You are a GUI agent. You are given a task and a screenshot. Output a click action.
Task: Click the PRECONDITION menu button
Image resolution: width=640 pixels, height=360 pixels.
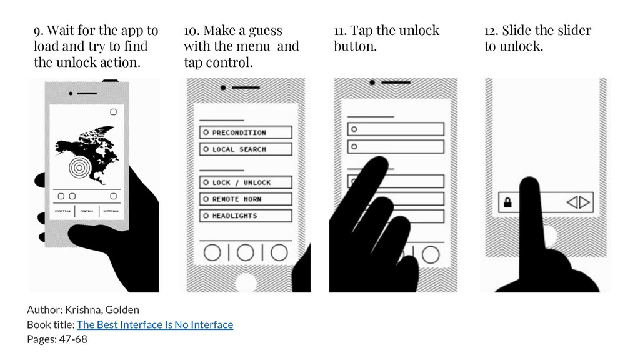click(x=246, y=132)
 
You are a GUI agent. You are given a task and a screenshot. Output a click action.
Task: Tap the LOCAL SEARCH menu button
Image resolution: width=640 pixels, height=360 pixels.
click(x=246, y=149)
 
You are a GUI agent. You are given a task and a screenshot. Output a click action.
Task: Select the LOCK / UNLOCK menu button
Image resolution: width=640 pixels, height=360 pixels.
click(x=246, y=182)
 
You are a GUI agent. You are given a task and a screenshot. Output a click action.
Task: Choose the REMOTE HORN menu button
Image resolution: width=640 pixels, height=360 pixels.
click(x=246, y=199)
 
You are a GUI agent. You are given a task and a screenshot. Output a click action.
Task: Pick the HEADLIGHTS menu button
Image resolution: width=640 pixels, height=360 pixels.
click(x=246, y=216)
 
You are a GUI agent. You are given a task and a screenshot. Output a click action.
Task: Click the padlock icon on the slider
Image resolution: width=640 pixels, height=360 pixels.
click(x=507, y=202)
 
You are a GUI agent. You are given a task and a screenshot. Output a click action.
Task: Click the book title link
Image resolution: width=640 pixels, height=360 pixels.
click(x=155, y=324)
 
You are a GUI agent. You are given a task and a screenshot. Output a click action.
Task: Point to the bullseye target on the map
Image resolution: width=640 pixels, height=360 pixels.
click(x=80, y=167)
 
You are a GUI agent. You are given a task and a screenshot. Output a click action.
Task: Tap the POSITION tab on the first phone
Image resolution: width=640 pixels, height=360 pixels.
click(x=62, y=211)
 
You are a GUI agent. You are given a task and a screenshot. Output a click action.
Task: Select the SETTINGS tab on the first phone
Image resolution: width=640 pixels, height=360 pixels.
click(x=111, y=211)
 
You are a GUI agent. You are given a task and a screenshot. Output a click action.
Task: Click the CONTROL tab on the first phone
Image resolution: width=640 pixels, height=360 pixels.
click(x=87, y=211)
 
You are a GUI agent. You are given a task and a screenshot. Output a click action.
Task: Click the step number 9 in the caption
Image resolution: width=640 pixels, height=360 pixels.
click(x=38, y=31)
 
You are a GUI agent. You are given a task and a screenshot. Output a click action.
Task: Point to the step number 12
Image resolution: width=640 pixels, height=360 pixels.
click(x=491, y=31)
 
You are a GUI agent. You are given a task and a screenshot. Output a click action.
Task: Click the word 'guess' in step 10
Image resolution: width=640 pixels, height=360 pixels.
click(x=265, y=31)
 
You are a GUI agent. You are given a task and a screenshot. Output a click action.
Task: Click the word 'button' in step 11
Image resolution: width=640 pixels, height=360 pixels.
click(x=355, y=46)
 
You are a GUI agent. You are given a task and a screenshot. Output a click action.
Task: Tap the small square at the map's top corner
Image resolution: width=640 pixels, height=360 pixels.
click(x=114, y=112)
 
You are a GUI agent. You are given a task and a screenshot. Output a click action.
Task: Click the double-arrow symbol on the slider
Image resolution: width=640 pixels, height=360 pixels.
click(x=578, y=202)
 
